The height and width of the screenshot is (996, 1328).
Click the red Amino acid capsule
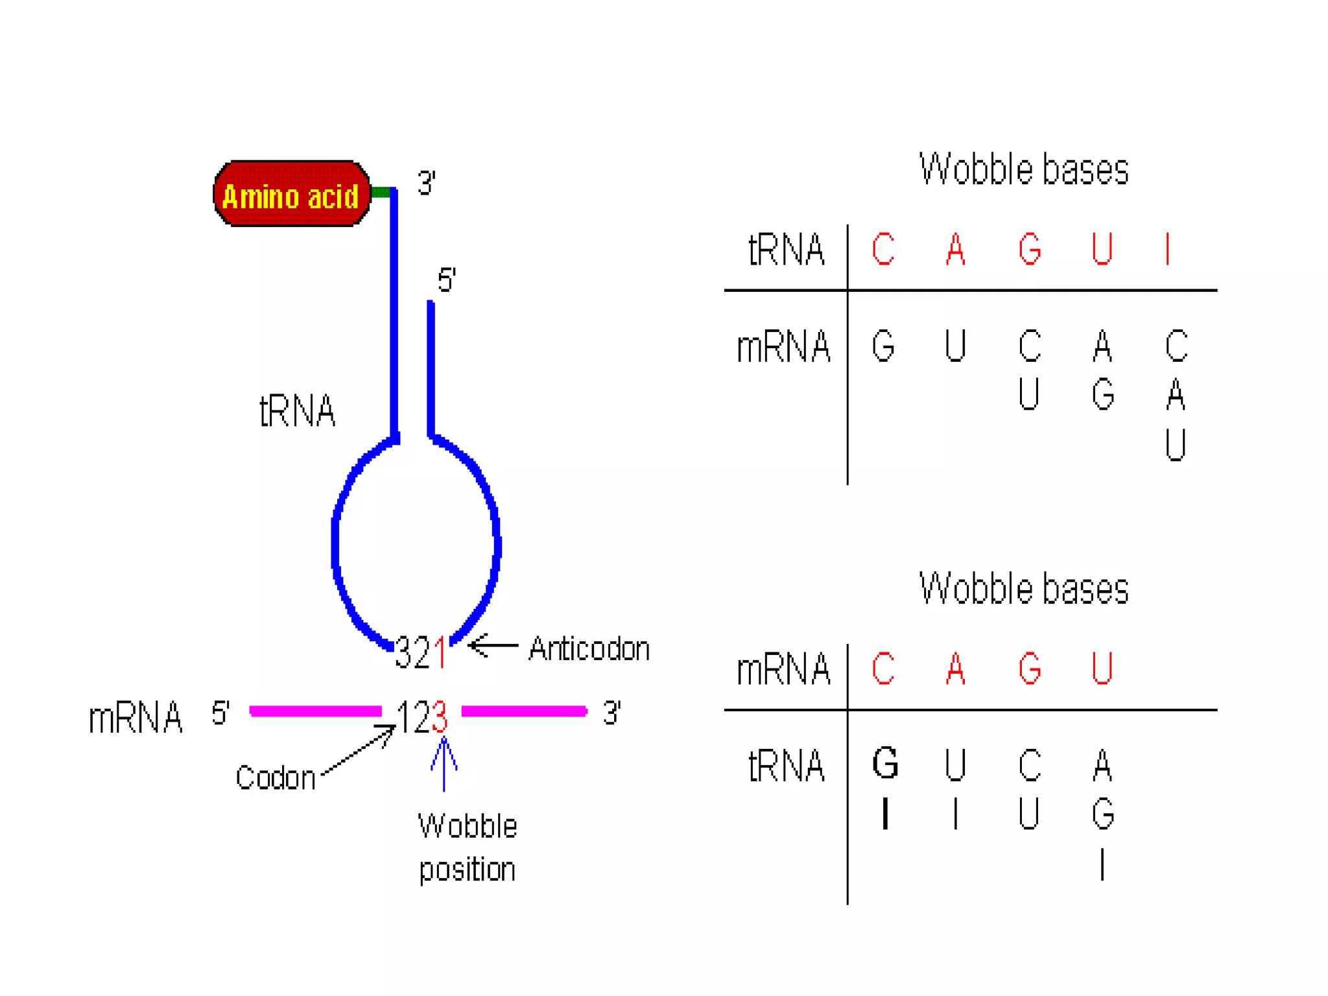click(x=292, y=194)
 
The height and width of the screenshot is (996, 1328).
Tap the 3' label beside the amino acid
click(x=426, y=184)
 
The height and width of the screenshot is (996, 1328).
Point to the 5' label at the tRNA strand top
click(x=446, y=280)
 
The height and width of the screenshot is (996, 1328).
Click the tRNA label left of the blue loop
click(x=297, y=410)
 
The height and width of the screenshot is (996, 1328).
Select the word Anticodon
click(x=589, y=649)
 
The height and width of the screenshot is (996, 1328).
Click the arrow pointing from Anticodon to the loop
click(x=493, y=646)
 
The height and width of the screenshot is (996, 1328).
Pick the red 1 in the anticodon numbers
click(x=441, y=652)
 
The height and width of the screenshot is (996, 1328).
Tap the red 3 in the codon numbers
click(x=440, y=717)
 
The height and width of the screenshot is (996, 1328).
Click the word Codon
click(x=275, y=777)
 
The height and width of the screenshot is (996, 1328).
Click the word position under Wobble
click(x=467, y=870)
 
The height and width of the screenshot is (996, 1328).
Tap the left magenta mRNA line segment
click(x=316, y=711)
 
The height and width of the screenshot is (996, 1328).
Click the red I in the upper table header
click(x=1168, y=249)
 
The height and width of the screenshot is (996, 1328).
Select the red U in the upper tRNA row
click(x=1102, y=249)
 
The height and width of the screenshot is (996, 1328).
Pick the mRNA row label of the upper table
click(x=783, y=346)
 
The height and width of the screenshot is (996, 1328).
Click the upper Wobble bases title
click(x=1023, y=170)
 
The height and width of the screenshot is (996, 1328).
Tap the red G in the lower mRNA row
click(x=1030, y=669)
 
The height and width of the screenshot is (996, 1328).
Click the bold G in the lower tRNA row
click(x=885, y=763)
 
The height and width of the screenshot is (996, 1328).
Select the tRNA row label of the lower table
click(x=786, y=766)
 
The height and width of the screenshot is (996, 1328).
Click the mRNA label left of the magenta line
click(x=136, y=718)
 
